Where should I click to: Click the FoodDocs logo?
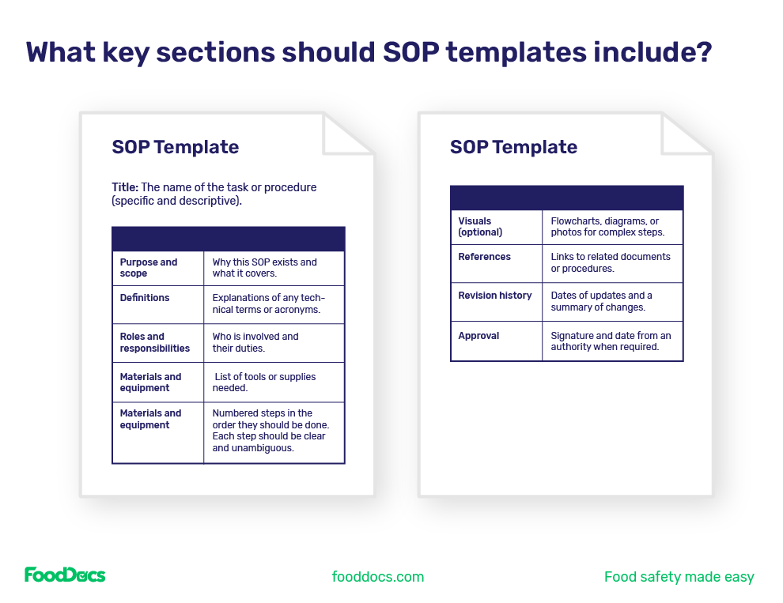(65, 575)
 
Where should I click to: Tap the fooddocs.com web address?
(378, 577)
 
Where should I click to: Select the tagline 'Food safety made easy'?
(679, 577)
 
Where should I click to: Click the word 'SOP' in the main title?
(415, 52)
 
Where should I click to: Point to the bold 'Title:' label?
(125, 187)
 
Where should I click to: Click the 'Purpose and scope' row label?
(149, 268)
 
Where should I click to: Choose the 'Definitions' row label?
(145, 298)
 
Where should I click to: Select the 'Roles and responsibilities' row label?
(155, 342)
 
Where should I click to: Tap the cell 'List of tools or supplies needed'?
(265, 383)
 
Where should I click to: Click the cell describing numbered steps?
(270, 431)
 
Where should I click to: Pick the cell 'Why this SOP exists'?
(265, 268)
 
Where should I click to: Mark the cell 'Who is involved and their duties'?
(255, 342)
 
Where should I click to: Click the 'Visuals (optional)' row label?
(480, 227)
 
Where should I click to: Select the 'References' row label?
(484, 257)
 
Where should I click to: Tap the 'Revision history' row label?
(495, 296)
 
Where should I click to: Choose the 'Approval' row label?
(478, 336)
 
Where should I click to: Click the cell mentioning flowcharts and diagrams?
(607, 227)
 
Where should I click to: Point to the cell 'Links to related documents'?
(611, 262)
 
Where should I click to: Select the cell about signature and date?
(611, 341)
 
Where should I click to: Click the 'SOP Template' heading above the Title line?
(176, 147)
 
